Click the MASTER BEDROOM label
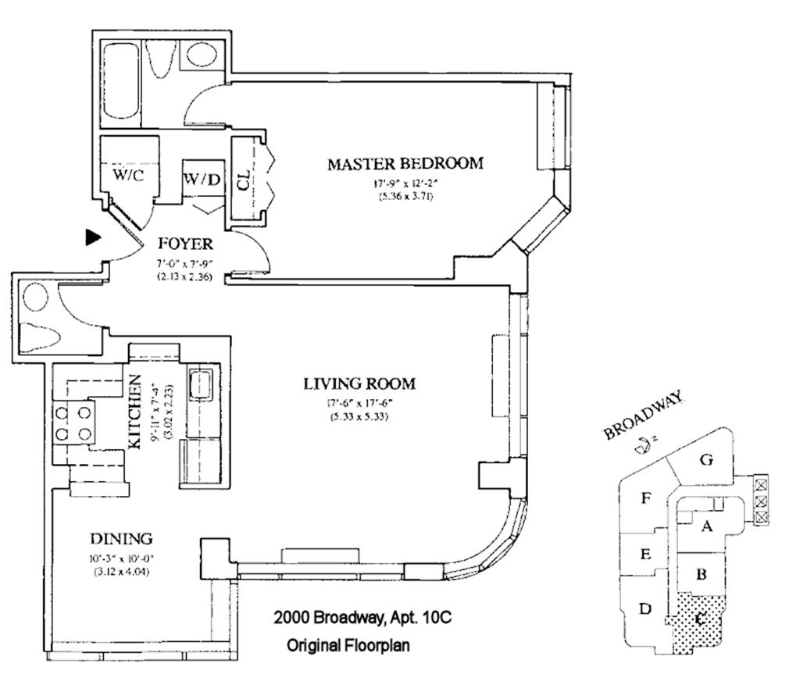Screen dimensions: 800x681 click(405, 164)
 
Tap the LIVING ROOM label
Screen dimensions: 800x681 click(359, 384)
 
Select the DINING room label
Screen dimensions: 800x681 click(120, 539)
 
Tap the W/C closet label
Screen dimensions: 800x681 click(128, 175)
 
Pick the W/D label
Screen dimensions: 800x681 click(202, 180)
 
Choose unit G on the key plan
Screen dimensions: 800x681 click(706, 460)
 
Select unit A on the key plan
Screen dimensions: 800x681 click(707, 526)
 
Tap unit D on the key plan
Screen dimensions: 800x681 click(645, 608)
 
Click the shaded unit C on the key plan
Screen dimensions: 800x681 click(699, 621)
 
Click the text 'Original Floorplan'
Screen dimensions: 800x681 click(348, 646)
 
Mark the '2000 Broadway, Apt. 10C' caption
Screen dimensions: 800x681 click(362, 618)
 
